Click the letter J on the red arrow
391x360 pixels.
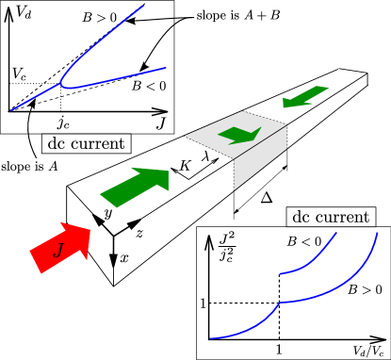[x=58, y=250]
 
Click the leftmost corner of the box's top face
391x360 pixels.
[x=184, y=138]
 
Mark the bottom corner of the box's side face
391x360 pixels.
[x=235, y=190]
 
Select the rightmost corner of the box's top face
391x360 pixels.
[x=286, y=123]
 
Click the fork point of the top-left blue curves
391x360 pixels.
[x=62, y=85]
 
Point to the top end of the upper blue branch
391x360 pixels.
[x=144, y=6]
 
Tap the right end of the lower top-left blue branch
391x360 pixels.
[x=165, y=68]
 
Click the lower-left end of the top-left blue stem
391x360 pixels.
[x=11, y=110]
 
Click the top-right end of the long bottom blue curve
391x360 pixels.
[x=377, y=233]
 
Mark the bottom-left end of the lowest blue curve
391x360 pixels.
[x=211, y=338]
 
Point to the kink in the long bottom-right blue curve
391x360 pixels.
[x=280, y=303]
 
